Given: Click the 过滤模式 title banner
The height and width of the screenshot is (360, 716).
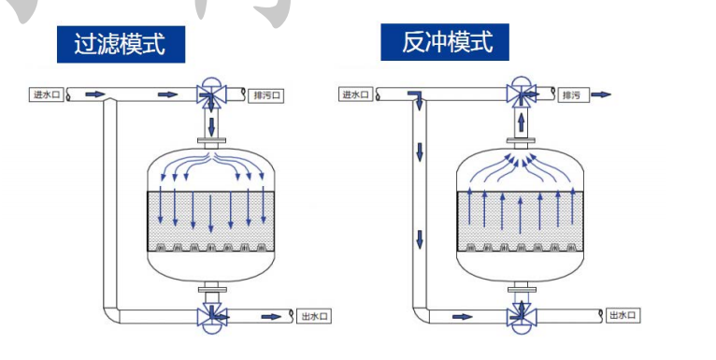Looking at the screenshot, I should click(x=121, y=43).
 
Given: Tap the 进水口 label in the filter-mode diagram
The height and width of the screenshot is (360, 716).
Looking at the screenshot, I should click(x=45, y=94).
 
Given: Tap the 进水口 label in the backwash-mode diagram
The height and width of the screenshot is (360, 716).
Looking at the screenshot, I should click(x=355, y=94).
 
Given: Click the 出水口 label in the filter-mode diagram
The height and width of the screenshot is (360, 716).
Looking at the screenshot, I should click(x=315, y=316).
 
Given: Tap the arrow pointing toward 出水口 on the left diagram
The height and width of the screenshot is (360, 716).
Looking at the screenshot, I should click(x=270, y=316).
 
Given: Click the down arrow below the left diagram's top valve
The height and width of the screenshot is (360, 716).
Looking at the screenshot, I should click(x=212, y=124).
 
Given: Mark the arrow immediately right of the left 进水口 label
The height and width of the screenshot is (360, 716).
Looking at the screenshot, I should click(x=95, y=94).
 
